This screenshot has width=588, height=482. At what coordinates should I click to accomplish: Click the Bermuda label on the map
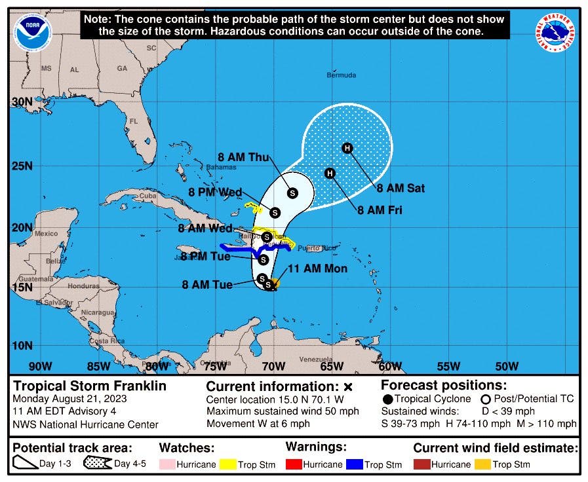point(342,75)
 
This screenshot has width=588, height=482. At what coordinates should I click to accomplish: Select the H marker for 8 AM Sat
point(347,148)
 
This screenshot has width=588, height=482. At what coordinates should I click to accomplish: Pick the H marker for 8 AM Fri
point(330,173)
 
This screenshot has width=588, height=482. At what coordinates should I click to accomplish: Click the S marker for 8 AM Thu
point(292,193)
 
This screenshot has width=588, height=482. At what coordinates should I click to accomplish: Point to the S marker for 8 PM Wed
point(275,212)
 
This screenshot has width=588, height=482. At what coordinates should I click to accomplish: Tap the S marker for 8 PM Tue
point(263,259)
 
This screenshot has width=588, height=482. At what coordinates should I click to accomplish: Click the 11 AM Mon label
point(317,269)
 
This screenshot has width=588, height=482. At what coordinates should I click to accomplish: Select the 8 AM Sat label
point(401,189)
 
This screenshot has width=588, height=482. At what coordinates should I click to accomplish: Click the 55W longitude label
point(448,366)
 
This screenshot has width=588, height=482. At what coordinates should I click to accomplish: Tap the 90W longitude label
point(40,366)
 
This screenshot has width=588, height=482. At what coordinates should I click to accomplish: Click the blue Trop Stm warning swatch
point(355,464)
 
